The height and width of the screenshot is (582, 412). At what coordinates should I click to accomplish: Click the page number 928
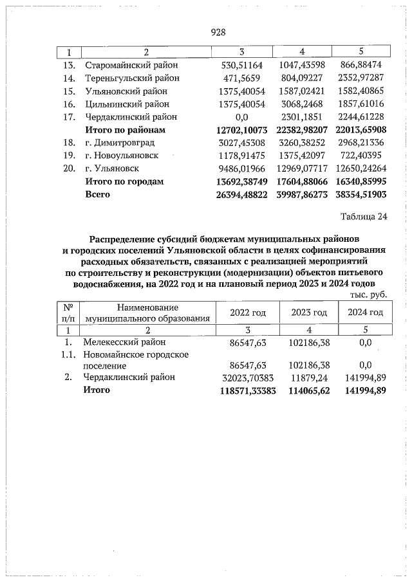[x=218, y=32]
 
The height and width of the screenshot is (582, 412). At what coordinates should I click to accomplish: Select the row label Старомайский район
[x=131, y=66]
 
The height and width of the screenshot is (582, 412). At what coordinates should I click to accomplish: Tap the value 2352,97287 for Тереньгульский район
[x=365, y=78]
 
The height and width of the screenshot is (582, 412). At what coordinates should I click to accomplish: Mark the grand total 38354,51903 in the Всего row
[x=365, y=194]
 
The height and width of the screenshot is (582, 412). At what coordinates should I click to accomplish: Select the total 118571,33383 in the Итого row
[x=239, y=390]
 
